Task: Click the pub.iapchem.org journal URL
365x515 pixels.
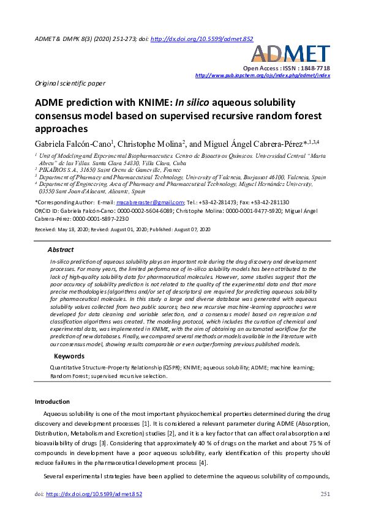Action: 262,75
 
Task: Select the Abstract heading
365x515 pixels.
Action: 61,250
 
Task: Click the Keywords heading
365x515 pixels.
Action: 69,356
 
